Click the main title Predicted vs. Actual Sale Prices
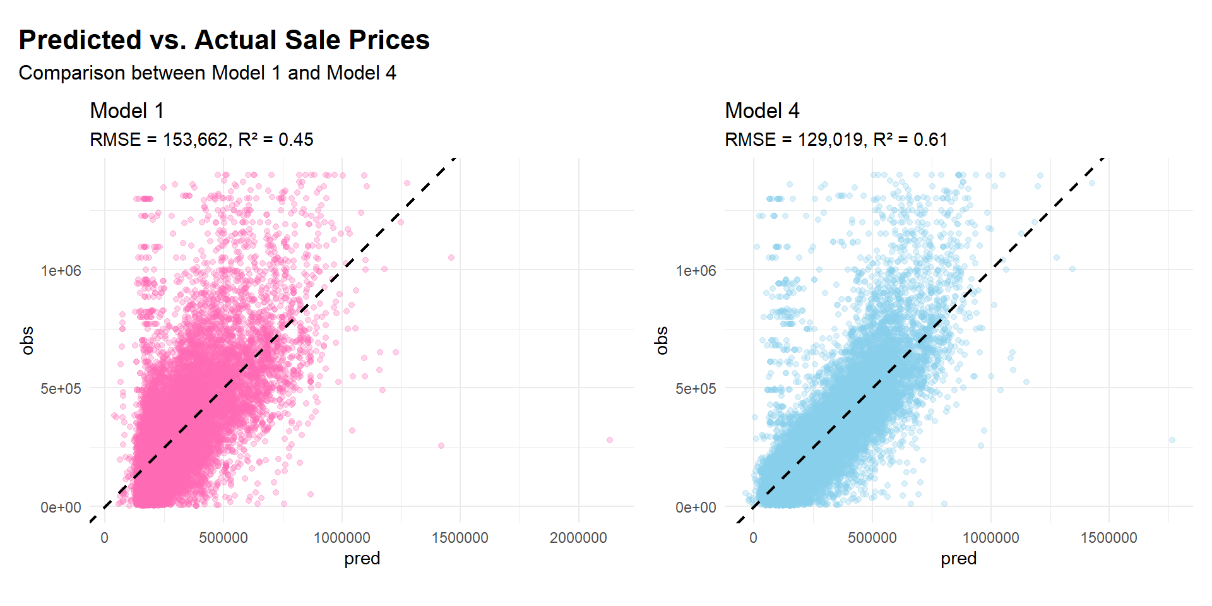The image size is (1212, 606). coord(224,40)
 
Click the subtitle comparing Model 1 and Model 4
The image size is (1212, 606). coord(207,73)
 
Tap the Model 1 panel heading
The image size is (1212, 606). coord(127,111)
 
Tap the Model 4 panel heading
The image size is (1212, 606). coord(762,111)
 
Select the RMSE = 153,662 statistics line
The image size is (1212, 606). coord(201,140)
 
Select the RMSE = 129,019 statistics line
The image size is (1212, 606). coord(836,140)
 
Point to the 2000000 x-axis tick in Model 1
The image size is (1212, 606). coord(578,538)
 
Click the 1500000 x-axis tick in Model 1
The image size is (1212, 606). coord(460,538)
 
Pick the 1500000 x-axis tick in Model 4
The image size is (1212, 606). coord(1108,538)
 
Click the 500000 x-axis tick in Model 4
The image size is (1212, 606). coord(872,538)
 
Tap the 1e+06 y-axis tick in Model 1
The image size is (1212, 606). coord(61,271)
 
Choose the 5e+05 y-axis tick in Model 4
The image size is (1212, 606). coord(696,389)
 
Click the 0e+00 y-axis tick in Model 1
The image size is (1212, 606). coord(61,508)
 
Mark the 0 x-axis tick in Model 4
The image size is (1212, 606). coord(753,538)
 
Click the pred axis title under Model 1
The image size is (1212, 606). coord(362,559)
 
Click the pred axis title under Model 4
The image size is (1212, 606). coord(958,559)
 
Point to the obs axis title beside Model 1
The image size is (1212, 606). coord(27,341)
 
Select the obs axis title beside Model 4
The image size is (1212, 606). coord(662,341)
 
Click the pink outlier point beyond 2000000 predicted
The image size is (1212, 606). coord(610,440)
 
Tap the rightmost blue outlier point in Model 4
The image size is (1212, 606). coord(1172,440)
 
